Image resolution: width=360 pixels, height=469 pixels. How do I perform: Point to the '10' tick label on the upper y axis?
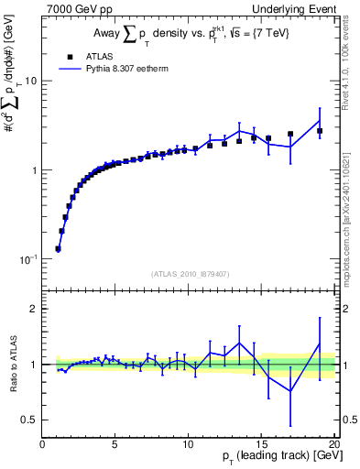[x=29, y=81]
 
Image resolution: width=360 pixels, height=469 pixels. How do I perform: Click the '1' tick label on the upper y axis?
[x=33, y=170]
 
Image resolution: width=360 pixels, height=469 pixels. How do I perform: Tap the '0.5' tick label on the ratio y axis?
[x=28, y=420]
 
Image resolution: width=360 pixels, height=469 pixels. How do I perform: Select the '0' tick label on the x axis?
[x=42, y=444]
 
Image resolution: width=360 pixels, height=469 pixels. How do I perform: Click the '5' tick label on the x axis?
[x=115, y=444]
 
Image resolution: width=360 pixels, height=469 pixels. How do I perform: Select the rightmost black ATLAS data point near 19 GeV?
[x=320, y=131]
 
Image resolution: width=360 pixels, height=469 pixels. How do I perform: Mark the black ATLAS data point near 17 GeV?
[x=290, y=134]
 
